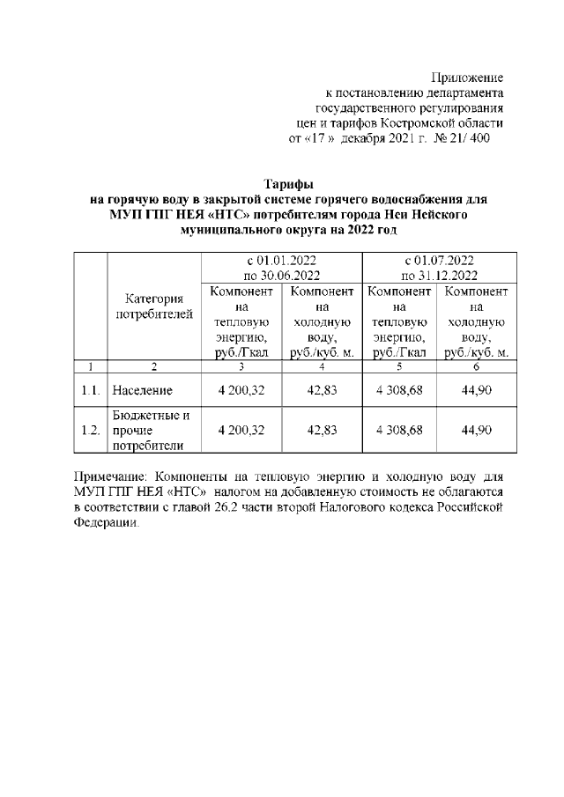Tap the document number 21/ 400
click(469, 138)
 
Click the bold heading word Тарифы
click(281, 184)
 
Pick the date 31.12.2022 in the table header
click(452, 275)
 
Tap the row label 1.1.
click(90, 389)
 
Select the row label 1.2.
click(90, 430)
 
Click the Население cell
click(143, 389)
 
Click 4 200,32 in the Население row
click(240, 389)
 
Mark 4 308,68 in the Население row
click(400, 389)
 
